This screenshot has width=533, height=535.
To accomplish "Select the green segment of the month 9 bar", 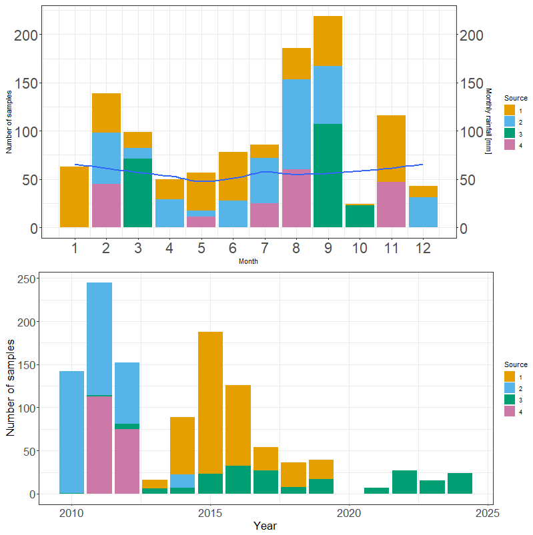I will point(328,175).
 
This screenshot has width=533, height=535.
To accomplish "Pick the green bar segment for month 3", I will point(137,193).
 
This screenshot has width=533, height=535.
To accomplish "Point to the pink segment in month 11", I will point(391,205).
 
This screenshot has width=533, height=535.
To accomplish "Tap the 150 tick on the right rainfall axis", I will point(472,83).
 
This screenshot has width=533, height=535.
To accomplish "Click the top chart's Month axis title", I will point(248,262).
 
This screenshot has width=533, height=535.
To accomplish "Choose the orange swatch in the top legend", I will point(509,109).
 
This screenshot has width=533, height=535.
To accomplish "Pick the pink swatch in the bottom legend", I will point(509,412).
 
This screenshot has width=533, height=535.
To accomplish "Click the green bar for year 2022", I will point(404,482).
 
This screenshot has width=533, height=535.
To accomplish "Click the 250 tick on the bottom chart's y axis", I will point(25,278).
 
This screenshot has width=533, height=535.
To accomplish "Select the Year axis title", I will point(265,526).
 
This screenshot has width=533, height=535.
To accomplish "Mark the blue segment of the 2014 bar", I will point(183,480).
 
